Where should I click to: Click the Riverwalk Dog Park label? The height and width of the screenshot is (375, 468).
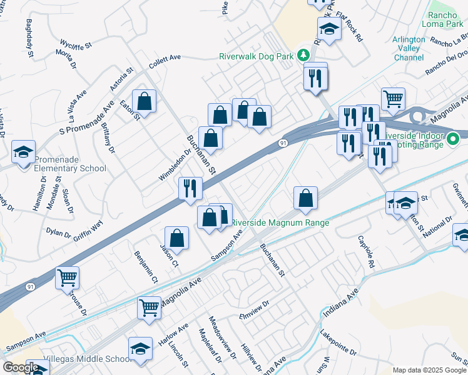click(x=256, y=56)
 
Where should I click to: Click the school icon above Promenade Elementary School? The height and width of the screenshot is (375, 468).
click(x=23, y=152)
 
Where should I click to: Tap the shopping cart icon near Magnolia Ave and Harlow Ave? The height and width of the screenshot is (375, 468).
click(x=149, y=307)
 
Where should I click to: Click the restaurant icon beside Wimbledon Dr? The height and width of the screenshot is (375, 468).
click(x=190, y=187)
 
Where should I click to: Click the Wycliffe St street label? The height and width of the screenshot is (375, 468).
click(x=76, y=44)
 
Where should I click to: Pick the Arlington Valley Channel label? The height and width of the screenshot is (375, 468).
click(x=409, y=48)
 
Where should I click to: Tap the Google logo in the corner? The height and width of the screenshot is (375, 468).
click(x=21, y=367)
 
